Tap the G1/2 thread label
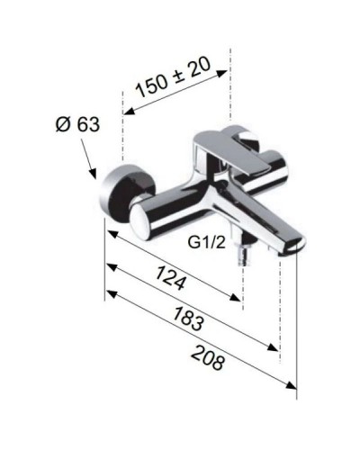205,242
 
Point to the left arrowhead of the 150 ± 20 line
127,112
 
